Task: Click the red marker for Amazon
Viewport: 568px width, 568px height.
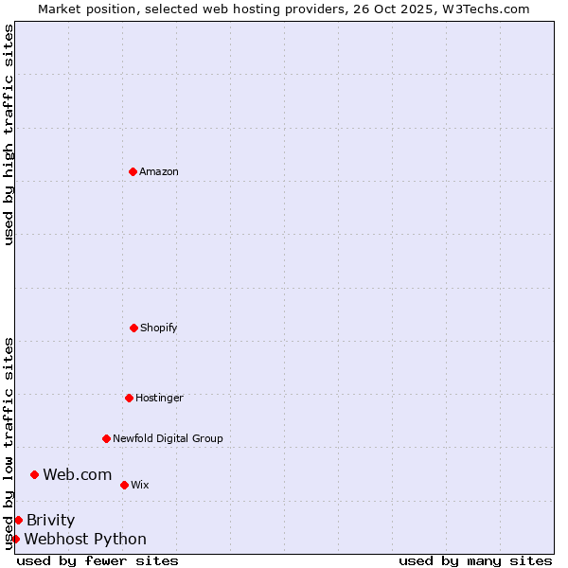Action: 133,171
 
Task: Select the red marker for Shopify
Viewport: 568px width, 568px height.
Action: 133,328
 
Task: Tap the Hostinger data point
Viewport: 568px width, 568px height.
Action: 129,398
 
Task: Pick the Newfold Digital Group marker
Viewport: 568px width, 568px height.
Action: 106,438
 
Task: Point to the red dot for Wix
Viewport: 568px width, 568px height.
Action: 124,485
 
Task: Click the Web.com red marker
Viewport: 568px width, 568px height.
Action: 34,474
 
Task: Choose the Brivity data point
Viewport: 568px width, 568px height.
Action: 18,520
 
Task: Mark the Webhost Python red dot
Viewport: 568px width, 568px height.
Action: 15,539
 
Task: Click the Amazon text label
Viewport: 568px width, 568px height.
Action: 159,171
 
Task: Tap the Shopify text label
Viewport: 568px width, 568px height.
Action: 159,328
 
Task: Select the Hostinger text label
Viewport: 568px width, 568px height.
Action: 159,398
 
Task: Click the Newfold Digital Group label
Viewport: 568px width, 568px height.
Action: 168,438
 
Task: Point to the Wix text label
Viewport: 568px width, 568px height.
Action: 140,485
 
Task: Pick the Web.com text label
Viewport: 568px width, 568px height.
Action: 78,474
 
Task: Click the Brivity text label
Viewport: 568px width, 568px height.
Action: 51,520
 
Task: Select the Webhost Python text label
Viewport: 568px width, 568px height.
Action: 85,539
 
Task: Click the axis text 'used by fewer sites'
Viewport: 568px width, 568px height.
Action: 98,560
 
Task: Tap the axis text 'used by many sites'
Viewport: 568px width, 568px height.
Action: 475,560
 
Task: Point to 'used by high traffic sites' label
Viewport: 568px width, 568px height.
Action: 9,134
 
